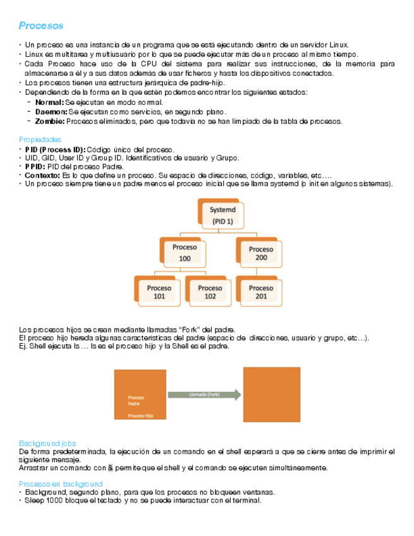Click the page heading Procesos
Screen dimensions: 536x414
[41, 26]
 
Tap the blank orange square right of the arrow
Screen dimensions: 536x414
[272, 394]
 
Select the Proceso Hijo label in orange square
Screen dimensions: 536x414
[140, 416]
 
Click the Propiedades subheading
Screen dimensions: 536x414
[40, 139]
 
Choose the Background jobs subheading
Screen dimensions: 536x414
[47, 443]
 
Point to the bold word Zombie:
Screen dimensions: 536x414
[49, 121]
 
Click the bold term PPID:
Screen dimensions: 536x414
[35, 166]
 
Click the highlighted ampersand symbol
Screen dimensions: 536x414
[111, 468]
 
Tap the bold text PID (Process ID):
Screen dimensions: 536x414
[55, 149]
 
